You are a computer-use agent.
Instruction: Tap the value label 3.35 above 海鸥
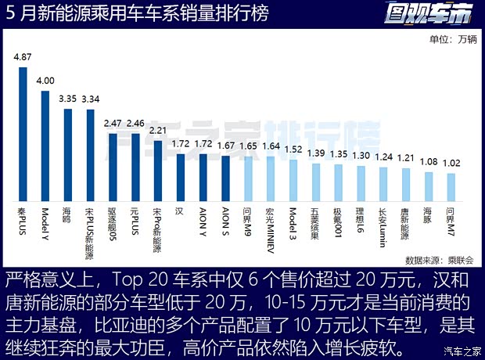click(x=67, y=99)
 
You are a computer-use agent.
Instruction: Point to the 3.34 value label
click(x=90, y=99)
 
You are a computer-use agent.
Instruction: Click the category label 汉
click(x=180, y=211)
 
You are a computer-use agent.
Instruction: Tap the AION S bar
click(x=225, y=179)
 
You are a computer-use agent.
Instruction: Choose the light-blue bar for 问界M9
click(x=248, y=179)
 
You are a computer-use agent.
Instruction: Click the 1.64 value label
click(x=271, y=146)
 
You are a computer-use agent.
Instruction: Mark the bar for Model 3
click(x=293, y=181)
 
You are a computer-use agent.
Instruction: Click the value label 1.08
click(x=429, y=161)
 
